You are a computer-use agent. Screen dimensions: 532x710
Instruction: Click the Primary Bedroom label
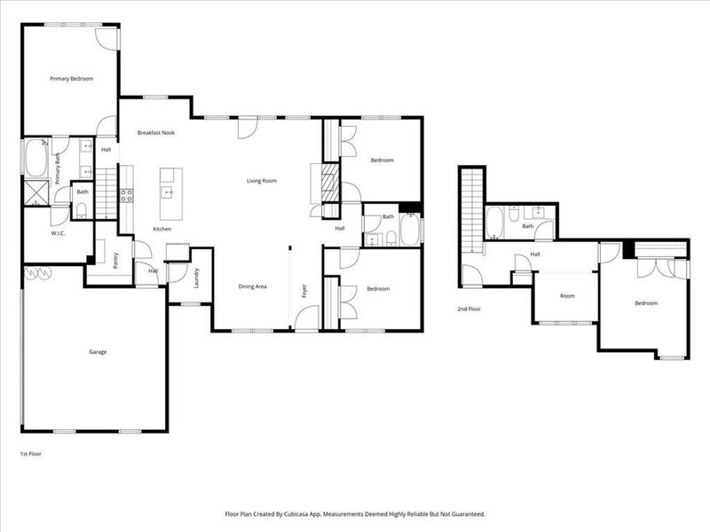pyautogui.click(x=71, y=79)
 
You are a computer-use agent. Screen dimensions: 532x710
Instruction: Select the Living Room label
pyautogui.click(x=262, y=181)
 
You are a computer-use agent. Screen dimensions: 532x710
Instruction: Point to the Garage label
pyautogui.click(x=98, y=352)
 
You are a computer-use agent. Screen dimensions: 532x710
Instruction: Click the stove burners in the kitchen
pyautogui.click(x=126, y=195)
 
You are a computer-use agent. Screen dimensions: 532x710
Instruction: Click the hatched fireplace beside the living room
pyautogui.click(x=328, y=184)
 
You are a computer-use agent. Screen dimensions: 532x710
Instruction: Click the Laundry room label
pyautogui.click(x=197, y=278)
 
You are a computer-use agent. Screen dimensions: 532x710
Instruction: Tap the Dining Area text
pyautogui.click(x=253, y=286)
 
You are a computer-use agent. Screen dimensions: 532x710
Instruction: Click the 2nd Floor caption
pyautogui.click(x=469, y=309)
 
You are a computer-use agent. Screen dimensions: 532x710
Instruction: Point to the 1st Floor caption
pyautogui.click(x=30, y=453)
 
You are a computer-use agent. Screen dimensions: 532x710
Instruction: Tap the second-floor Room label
pyautogui.click(x=566, y=296)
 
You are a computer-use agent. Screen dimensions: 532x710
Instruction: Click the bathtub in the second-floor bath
pyautogui.click(x=495, y=222)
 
